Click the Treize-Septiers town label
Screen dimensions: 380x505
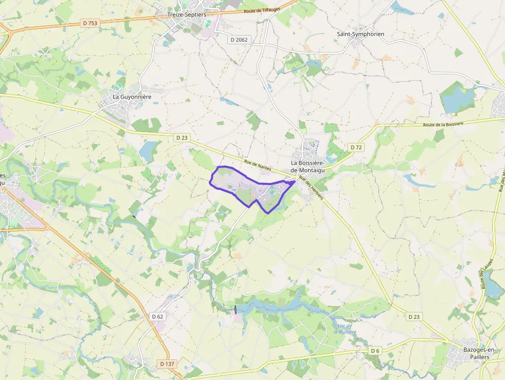187,14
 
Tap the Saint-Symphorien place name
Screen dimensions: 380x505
361,34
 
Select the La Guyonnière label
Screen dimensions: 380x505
132,96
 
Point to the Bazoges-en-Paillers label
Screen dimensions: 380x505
472,353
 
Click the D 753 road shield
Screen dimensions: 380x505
90,23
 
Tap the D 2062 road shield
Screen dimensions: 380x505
239,39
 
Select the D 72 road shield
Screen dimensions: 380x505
356,147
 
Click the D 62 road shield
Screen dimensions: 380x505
158,316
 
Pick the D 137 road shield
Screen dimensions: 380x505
167,364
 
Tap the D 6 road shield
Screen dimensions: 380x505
375,351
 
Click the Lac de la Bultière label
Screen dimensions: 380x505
345,329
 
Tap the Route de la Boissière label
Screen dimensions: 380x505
443,124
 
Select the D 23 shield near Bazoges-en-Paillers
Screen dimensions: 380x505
413,317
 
